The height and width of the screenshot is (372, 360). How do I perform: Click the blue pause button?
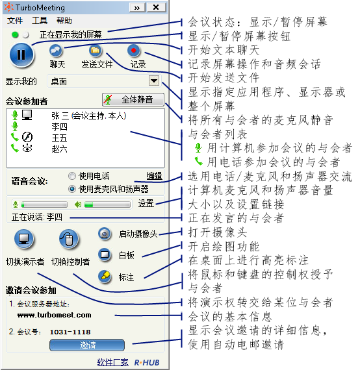click(x=22, y=55)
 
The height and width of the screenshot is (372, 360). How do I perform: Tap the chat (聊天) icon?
click(x=56, y=50)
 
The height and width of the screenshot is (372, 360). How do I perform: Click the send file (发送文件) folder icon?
click(x=96, y=50)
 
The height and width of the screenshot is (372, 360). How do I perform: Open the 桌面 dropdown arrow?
click(x=154, y=81)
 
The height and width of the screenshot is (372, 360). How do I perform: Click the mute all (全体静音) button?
click(x=133, y=99)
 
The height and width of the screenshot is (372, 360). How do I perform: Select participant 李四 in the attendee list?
click(x=60, y=127)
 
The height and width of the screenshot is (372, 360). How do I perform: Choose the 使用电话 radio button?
click(x=71, y=176)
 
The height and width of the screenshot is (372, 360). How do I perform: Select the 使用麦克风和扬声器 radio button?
click(x=71, y=189)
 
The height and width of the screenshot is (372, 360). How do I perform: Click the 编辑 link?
click(x=155, y=176)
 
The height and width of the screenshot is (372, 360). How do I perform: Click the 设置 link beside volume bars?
click(x=146, y=203)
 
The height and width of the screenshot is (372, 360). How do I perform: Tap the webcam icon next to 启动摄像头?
click(x=105, y=234)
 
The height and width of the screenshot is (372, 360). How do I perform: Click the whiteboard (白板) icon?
click(x=105, y=255)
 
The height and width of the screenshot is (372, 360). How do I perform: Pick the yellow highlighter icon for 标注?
click(x=105, y=277)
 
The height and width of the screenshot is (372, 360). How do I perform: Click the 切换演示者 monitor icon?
click(x=24, y=239)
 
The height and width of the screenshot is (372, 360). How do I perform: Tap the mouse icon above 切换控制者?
click(x=69, y=239)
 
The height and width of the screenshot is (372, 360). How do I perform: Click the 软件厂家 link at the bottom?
click(x=113, y=362)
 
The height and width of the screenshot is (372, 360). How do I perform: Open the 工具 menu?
click(x=40, y=21)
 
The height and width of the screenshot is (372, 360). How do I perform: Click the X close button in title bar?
click(x=156, y=7)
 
